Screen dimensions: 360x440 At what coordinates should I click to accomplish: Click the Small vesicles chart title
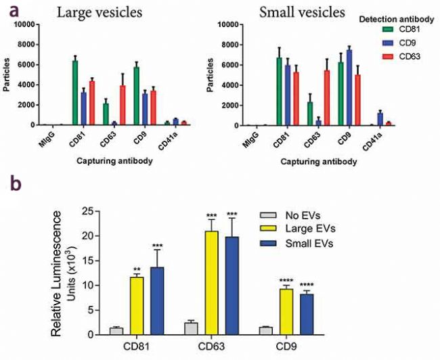coord(307,12)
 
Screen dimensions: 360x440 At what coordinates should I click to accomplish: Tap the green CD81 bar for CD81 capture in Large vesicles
coord(76,93)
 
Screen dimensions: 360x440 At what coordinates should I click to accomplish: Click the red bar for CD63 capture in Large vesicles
coord(123,105)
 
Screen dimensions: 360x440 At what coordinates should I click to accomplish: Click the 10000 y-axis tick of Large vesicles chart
coord(24,24)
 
